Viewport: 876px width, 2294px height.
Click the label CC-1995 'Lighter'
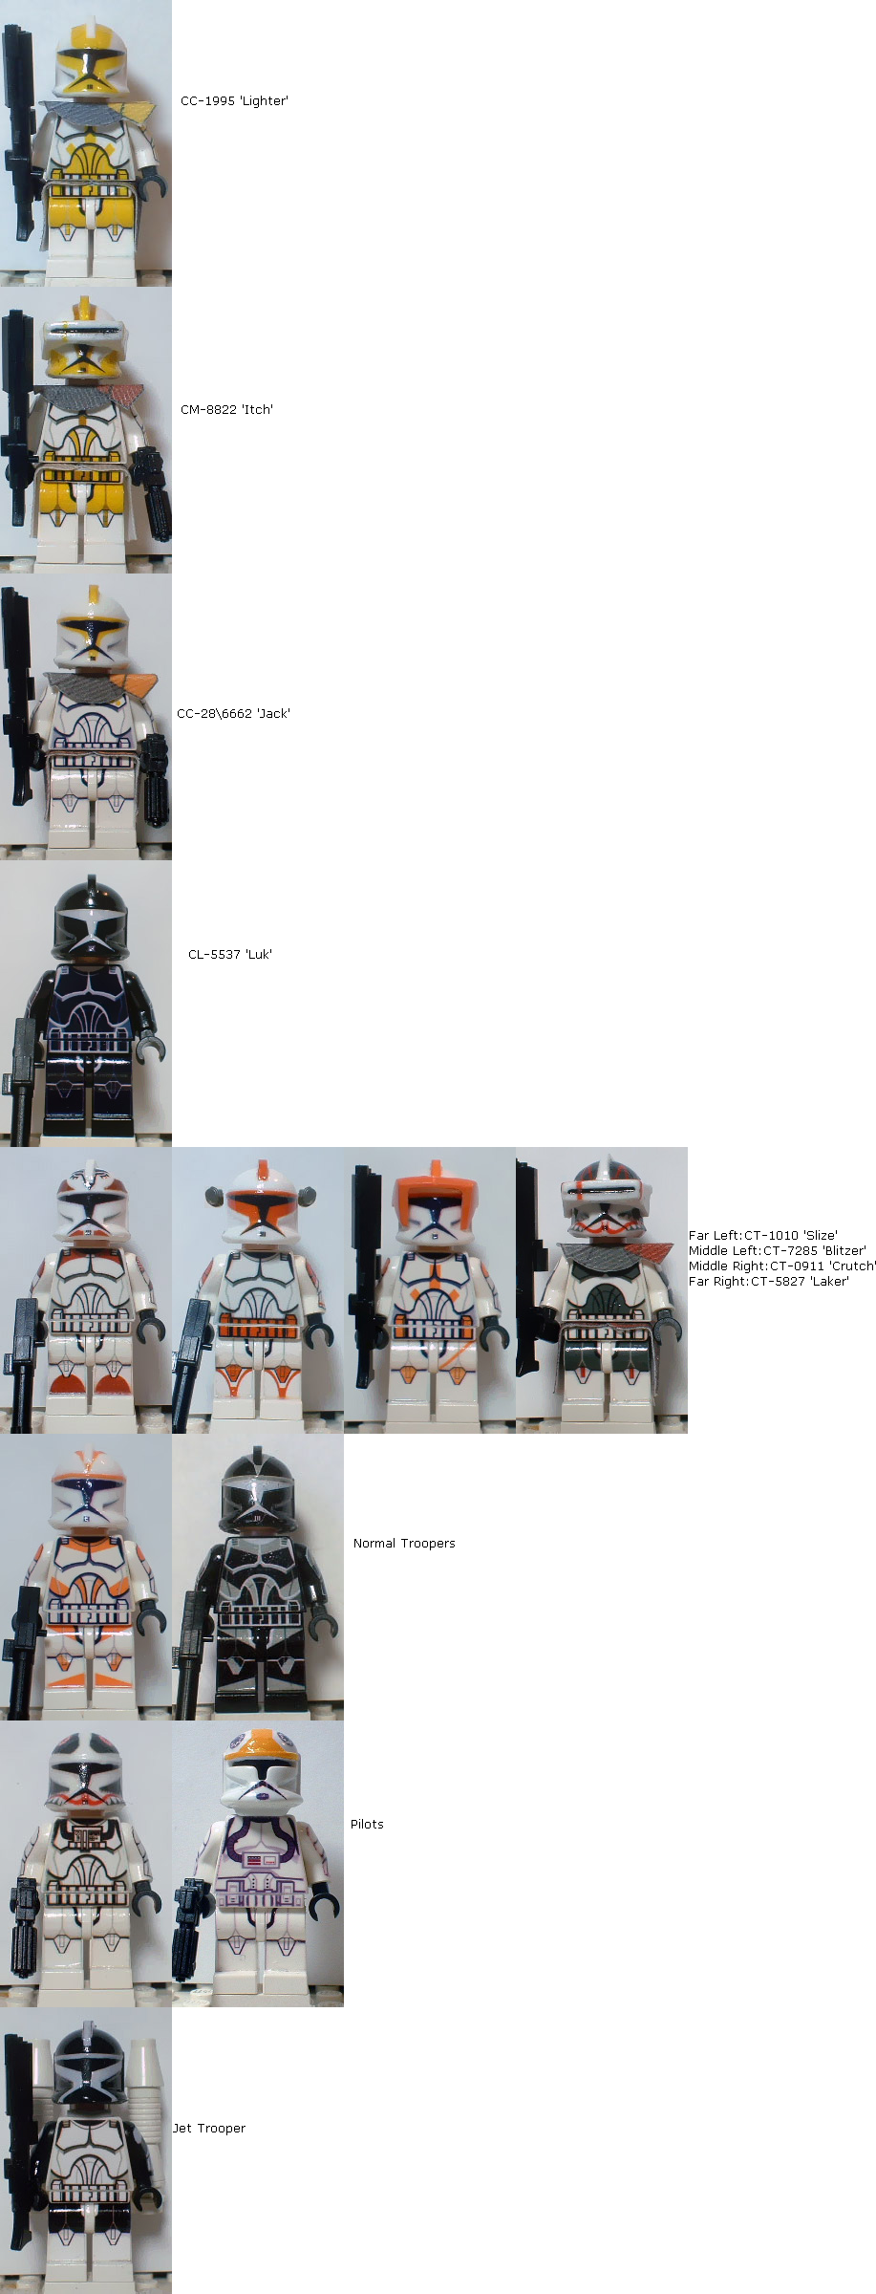[x=234, y=100]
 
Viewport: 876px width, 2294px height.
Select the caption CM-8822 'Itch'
[x=226, y=409]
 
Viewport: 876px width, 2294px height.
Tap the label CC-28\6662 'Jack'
[x=233, y=713]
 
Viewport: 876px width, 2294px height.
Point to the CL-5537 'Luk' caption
[x=230, y=954]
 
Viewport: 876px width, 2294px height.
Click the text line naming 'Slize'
[x=763, y=1235]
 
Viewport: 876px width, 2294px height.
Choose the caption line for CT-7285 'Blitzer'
[x=778, y=1250]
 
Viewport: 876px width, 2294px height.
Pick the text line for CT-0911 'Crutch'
[x=782, y=1266]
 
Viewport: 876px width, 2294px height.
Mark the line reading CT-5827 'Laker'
[x=769, y=1281]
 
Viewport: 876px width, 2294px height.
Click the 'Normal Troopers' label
[x=404, y=1543]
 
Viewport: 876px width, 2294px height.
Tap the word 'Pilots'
[x=367, y=1824]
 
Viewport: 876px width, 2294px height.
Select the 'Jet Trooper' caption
[x=209, y=2128]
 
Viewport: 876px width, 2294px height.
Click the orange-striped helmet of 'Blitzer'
[x=261, y=1201]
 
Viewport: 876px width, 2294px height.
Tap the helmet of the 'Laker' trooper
[x=606, y=1201]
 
